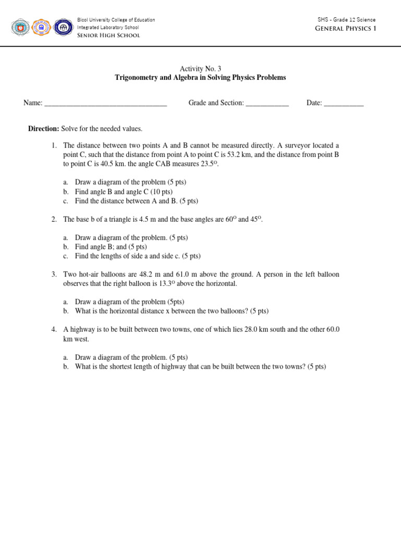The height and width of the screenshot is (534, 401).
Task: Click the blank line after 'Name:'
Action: (105, 104)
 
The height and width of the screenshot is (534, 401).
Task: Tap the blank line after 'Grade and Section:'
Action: (267, 104)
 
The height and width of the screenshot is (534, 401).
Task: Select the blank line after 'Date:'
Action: (344, 104)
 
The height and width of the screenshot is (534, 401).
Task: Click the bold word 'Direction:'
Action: (43, 129)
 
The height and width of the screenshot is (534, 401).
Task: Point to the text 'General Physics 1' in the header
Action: (345, 28)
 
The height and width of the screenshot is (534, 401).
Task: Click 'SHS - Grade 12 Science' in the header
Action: (346, 20)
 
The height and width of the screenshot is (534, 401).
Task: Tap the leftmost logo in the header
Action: (20, 27)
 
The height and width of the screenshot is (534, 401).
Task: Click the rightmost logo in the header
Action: (63, 27)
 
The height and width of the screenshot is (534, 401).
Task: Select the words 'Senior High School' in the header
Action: (108, 35)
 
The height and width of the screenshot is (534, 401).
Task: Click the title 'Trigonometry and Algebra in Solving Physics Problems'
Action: (200, 78)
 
